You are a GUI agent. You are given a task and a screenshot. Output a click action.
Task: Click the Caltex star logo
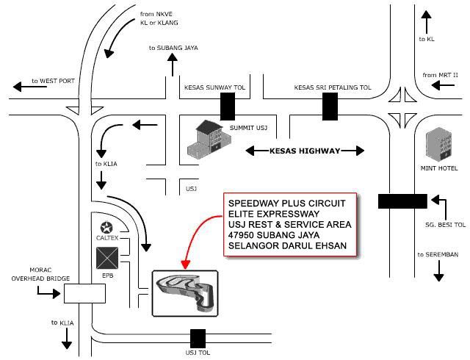click(107, 227)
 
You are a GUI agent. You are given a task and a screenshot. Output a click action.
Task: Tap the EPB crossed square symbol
click(108, 259)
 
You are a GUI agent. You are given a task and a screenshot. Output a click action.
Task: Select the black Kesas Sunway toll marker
click(228, 107)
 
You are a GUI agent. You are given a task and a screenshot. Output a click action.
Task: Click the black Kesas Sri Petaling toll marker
click(330, 107)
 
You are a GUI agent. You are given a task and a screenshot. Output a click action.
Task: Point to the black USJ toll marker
click(198, 339)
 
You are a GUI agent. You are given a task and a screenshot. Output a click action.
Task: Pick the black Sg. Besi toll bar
click(402, 201)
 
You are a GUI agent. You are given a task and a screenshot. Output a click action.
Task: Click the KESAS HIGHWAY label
click(305, 151)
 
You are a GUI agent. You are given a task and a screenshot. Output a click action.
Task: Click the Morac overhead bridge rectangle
click(84, 294)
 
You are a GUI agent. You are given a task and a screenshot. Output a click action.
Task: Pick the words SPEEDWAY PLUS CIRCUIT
click(286, 203)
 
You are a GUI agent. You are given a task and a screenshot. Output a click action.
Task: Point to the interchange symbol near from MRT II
click(401, 107)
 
